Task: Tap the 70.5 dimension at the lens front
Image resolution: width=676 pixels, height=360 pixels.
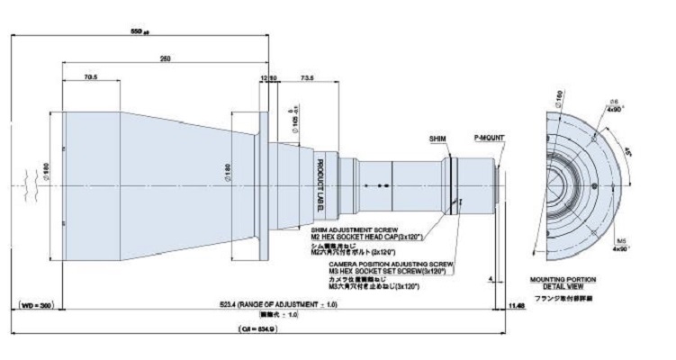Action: click(x=90, y=77)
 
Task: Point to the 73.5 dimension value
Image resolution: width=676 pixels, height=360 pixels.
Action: click(x=306, y=78)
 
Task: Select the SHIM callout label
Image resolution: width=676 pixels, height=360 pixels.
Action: click(x=437, y=139)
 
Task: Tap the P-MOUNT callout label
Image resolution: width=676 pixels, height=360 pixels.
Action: click(x=490, y=139)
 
